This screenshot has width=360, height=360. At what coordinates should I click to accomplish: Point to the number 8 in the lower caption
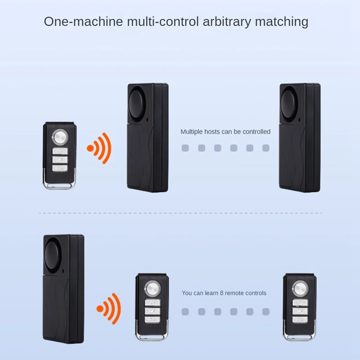coord(221,293)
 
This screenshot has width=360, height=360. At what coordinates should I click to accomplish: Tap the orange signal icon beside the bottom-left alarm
coord(109,309)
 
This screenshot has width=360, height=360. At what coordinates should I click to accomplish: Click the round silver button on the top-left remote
coord(59,135)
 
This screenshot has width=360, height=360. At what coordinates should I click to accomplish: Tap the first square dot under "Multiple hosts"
coord(185,148)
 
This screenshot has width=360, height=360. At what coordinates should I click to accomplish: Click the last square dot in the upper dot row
coord(265,148)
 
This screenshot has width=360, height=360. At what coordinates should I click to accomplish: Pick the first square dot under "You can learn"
coord(185,311)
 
